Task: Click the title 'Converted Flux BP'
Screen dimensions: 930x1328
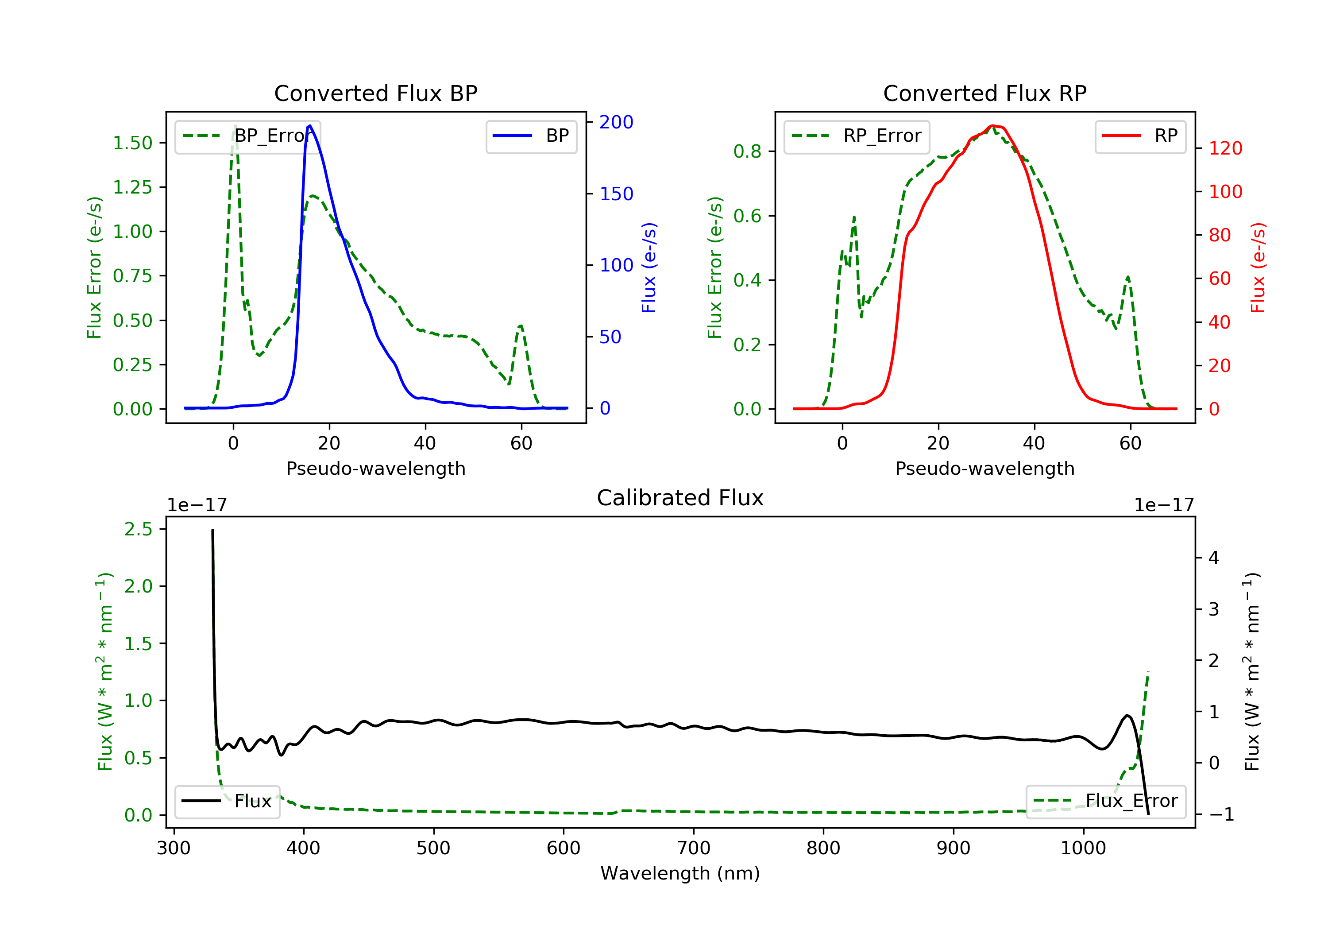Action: pyautogui.click(x=375, y=93)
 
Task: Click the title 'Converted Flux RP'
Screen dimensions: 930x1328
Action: pyautogui.click(x=984, y=93)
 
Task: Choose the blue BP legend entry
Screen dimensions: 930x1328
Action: pyautogui.click(x=531, y=136)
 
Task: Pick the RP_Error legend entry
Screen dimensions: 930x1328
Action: pyautogui.click(x=857, y=136)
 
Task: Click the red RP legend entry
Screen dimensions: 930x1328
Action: pyautogui.click(x=1140, y=136)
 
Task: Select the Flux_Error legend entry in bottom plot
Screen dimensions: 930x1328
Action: pyautogui.click(x=1105, y=801)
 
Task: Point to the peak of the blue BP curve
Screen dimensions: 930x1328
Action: pyautogui.click(x=310, y=126)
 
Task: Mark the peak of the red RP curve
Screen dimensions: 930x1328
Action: pyautogui.click(x=992, y=126)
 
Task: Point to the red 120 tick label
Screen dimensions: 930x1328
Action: pyautogui.click(x=1225, y=149)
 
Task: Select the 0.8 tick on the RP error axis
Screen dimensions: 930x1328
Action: pyautogui.click(x=747, y=151)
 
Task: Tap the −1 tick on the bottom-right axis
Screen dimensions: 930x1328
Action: pyautogui.click(x=1221, y=815)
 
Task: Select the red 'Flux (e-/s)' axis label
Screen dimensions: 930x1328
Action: pyautogui.click(x=1259, y=267)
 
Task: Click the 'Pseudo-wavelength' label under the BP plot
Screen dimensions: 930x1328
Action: pyautogui.click(x=375, y=468)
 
